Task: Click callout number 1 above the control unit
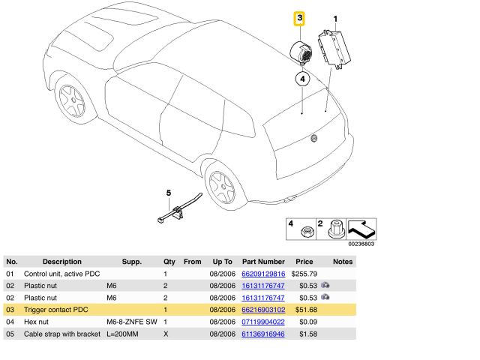(x=335, y=18)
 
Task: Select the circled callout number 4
(x=301, y=77)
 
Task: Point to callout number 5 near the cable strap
(x=169, y=194)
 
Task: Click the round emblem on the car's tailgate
(x=314, y=139)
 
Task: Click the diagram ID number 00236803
(x=361, y=243)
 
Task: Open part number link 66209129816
(x=263, y=274)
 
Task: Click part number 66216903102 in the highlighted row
(x=263, y=310)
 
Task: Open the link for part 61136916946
(x=263, y=333)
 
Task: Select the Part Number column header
(x=263, y=262)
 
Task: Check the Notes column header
(x=342, y=262)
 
